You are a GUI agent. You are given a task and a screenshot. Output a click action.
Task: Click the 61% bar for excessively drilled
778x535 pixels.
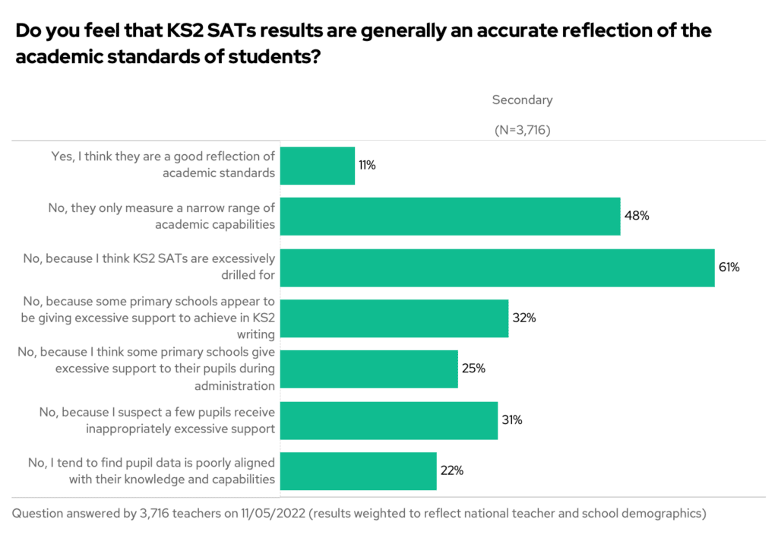[498, 267]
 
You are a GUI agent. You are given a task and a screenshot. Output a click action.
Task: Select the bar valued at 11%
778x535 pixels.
[318, 166]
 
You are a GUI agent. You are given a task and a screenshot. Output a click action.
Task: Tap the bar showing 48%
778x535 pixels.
[451, 216]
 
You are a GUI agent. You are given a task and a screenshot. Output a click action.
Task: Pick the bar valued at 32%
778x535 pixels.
[394, 318]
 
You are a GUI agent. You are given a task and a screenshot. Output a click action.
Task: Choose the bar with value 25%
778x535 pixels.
[369, 369]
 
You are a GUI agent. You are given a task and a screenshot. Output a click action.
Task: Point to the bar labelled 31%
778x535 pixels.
[389, 419]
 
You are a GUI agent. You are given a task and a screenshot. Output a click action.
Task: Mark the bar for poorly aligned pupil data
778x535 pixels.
[359, 470]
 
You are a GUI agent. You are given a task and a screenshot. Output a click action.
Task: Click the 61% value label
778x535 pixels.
[729, 267]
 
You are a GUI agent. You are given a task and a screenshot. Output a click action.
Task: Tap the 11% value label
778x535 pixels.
[367, 166]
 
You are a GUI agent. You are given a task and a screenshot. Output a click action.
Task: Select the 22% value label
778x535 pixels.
[451, 470]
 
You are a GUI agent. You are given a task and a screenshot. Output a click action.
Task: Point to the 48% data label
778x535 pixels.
[637, 216]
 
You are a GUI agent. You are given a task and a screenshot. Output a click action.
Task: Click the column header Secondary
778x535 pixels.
[522, 100]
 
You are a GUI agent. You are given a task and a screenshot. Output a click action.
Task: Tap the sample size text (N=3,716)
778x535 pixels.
[522, 129]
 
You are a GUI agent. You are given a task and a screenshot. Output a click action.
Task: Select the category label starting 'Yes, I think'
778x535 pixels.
[163, 164]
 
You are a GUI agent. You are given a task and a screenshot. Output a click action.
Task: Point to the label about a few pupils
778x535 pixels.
[157, 419]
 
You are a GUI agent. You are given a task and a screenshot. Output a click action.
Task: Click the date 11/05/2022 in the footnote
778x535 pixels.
[263, 514]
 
